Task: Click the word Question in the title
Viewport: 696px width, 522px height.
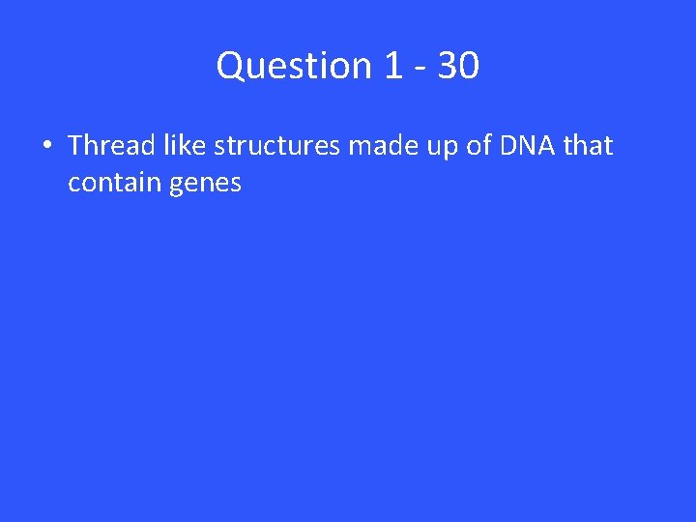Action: (x=294, y=66)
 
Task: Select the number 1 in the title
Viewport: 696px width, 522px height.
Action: (x=392, y=66)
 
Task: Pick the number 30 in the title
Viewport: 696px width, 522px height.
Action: (x=458, y=66)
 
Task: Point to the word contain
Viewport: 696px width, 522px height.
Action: (x=114, y=182)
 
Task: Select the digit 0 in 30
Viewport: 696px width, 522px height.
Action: (x=469, y=66)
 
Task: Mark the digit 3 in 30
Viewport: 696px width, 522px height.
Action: (x=448, y=66)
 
